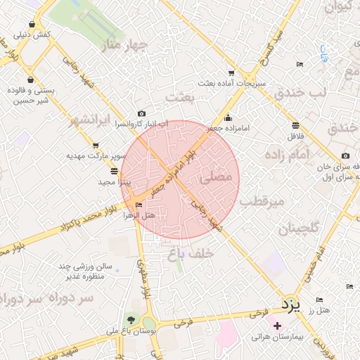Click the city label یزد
tap(290, 304)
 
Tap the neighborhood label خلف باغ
tap(191, 256)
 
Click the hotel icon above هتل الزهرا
tap(139, 205)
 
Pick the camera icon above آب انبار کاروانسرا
tap(142, 114)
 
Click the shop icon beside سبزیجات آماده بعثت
tap(231, 72)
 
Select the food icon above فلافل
tap(297, 124)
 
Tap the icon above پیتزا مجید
tap(115, 171)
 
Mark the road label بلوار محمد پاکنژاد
tap(47, 236)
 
